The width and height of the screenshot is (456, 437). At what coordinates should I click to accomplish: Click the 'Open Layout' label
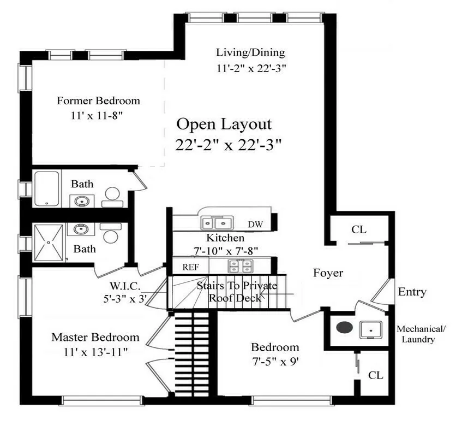(x=224, y=125)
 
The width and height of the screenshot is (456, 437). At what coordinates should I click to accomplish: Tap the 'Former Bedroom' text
(x=98, y=101)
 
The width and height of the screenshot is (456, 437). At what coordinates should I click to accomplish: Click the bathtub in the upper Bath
(x=47, y=188)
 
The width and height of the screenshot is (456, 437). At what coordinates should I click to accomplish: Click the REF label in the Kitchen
(x=190, y=267)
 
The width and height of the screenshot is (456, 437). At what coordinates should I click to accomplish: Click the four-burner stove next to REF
(x=241, y=267)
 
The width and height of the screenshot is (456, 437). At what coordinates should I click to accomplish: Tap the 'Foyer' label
(x=328, y=273)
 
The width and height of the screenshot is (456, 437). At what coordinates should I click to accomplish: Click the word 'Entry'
(x=412, y=292)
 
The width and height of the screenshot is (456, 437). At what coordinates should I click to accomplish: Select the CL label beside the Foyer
(x=358, y=229)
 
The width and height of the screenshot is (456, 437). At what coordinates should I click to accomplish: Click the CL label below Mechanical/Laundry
(x=375, y=375)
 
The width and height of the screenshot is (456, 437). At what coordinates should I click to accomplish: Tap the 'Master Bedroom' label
(x=95, y=337)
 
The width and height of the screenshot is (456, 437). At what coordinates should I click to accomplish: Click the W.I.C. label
(x=126, y=286)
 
